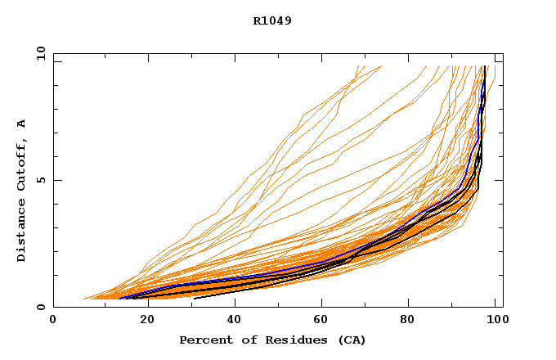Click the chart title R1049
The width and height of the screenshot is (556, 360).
click(272, 20)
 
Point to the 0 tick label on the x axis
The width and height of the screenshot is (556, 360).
click(53, 320)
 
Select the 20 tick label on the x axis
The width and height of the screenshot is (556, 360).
click(142, 320)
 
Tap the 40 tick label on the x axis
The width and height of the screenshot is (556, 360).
click(231, 320)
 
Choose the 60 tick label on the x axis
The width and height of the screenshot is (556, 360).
click(321, 320)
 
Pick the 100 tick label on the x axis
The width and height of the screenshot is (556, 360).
click(495, 320)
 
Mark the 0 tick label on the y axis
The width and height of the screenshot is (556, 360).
click(40, 308)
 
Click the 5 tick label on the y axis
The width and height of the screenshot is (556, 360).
click(40, 180)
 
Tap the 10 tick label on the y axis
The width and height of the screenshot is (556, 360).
click(40, 53)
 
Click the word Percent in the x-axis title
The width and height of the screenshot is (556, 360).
click(202, 340)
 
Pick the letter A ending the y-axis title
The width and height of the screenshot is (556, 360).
click(22, 124)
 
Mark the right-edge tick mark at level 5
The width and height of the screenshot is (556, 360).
click(500, 180)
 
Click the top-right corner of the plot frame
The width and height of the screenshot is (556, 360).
click(503, 53)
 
